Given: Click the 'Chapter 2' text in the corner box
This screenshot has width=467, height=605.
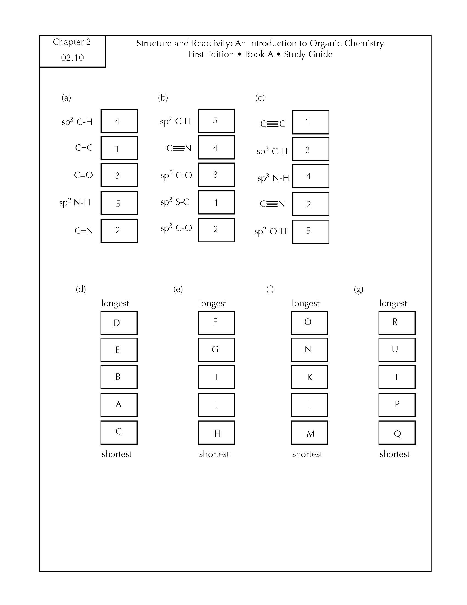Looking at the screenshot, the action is click(x=72, y=42).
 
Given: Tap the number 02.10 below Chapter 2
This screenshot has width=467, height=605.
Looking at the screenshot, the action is click(x=73, y=58).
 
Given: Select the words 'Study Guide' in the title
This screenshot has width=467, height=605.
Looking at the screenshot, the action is click(x=308, y=54).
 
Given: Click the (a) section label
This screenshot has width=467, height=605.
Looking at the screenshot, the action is click(x=66, y=98).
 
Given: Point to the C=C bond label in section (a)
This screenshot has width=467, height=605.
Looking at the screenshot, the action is click(x=84, y=148).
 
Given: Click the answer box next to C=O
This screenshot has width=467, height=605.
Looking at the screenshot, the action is click(x=119, y=175).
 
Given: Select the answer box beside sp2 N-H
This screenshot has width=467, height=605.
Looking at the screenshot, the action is click(x=119, y=203).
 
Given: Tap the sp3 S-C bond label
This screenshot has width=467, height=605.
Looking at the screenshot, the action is click(x=174, y=202).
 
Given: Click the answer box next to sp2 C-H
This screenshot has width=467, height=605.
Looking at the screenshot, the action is click(x=216, y=120).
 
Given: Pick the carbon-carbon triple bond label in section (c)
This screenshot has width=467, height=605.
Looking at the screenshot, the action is click(x=273, y=123).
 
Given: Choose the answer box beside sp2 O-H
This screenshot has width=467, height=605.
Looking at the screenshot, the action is click(x=311, y=232).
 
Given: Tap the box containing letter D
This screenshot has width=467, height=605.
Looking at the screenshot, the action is click(x=119, y=323).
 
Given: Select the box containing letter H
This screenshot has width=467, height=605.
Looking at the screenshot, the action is click(x=217, y=432).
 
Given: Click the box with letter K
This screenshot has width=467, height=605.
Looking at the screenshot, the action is click(x=310, y=377).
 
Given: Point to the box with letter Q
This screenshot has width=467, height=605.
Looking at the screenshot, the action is click(x=397, y=432).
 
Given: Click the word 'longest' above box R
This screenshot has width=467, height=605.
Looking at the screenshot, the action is click(x=393, y=304).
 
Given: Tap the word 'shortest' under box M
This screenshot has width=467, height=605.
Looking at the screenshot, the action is click(x=307, y=454).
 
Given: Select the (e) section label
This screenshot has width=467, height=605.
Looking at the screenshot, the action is click(x=178, y=289).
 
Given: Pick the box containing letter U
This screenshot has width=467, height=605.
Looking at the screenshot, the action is click(x=397, y=350).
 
